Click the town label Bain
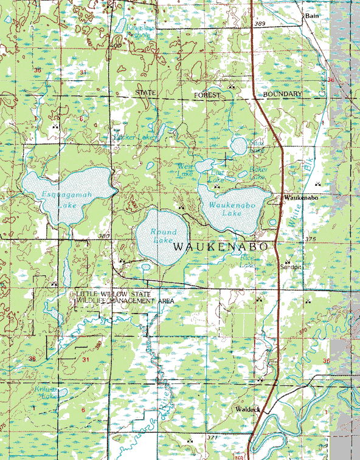(x=313, y=16)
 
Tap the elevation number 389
(x=260, y=23)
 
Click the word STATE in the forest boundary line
(x=145, y=92)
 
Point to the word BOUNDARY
(x=282, y=95)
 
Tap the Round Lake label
(x=163, y=236)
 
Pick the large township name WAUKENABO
(x=221, y=247)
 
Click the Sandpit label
(x=291, y=266)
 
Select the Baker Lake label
(x=258, y=173)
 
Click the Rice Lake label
(x=248, y=261)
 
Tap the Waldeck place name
(x=248, y=410)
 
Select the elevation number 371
(x=212, y=437)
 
